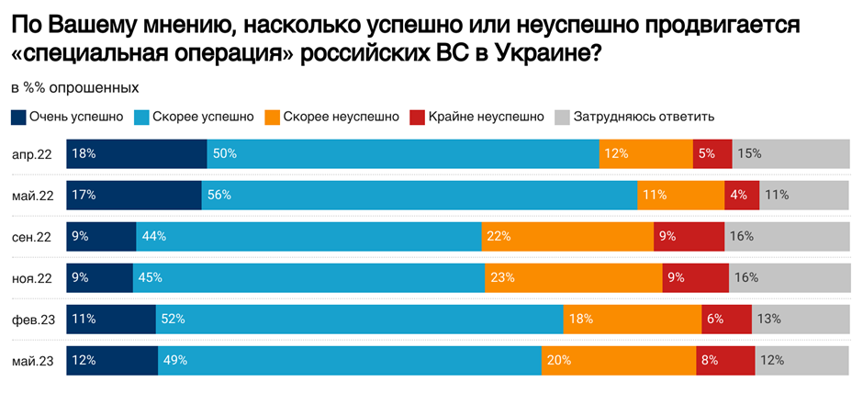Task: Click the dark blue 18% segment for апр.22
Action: (x=137, y=153)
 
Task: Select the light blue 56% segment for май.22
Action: (x=419, y=195)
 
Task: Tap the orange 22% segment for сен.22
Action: (x=567, y=236)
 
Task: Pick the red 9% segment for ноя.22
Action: (x=695, y=277)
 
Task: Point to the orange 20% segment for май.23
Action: (x=619, y=360)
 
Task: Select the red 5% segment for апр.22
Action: (x=712, y=153)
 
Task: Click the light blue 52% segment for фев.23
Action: (x=359, y=319)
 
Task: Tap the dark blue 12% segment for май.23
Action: (x=112, y=360)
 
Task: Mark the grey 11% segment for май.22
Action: (x=804, y=195)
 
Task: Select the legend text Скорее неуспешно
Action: (x=341, y=117)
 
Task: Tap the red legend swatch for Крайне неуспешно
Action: (x=417, y=117)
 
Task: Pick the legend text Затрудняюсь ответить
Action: (x=644, y=117)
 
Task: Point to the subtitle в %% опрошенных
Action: (x=74, y=87)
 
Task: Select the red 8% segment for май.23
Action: (x=726, y=360)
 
